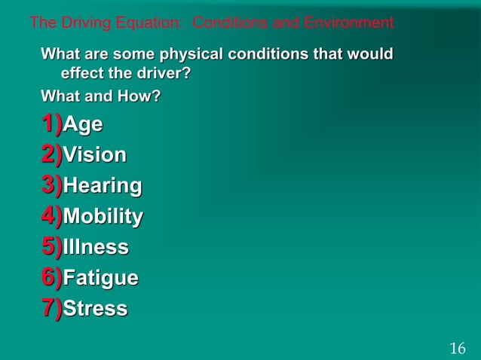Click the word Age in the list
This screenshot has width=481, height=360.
tap(83, 124)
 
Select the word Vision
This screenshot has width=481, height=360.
tap(95, 155)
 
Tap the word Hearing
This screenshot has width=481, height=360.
tap(103, 186)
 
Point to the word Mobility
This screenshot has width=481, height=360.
tap(103, 217)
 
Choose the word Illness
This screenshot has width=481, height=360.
tap(96, 248)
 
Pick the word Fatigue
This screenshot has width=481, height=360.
tap(101, 279)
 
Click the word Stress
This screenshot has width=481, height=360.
tap(96, 310)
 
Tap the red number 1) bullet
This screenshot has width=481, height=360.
tap(52, 123)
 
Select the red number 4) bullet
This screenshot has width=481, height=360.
tap(52, 215)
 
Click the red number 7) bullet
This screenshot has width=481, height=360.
tap(52, 308)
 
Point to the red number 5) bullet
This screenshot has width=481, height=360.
tap(52, 246)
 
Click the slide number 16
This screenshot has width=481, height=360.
tap(458, 348)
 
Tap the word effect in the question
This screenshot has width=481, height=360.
tap(80, 75)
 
